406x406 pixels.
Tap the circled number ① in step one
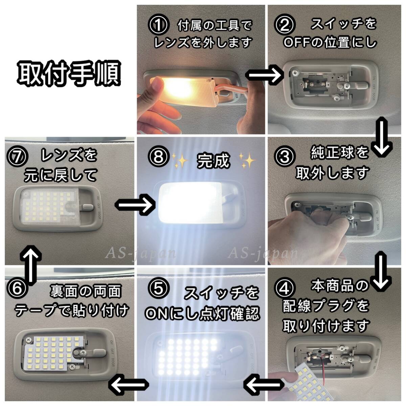(x=158, y=25)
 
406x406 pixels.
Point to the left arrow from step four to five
(x=264, y=384)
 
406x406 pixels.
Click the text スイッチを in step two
(x=343, y=24)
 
